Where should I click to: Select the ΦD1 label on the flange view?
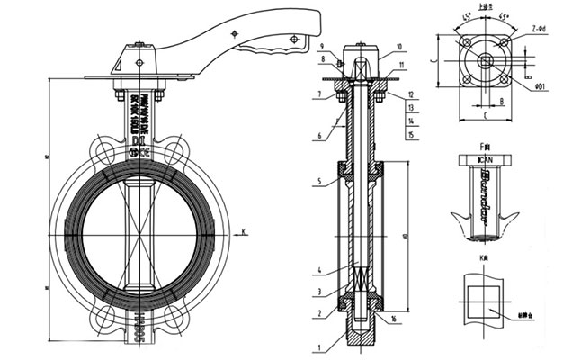(x=541, y=88)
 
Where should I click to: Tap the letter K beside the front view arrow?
(x=244, y=232)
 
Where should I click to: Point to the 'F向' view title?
(x=486, y=144)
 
